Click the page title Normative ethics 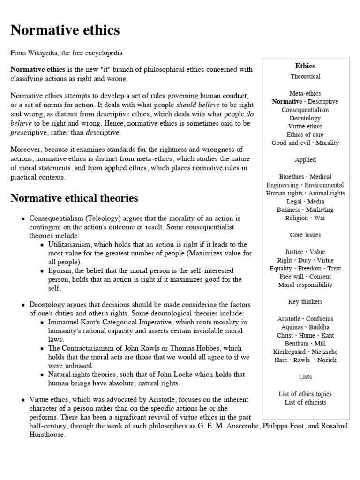click(x=65, y=31)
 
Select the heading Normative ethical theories click(x=74, y=198)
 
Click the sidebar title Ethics click(x=305, y=66)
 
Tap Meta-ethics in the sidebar click(x=305, y=93)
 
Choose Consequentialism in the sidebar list click(x=305, y=110)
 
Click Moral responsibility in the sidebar click(x=305, y=285)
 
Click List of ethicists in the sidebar click(x=305, y=402)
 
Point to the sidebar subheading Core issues click(x=305, y=235)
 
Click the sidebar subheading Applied click(x=305, y=160)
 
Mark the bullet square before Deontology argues click(x=22, y=305)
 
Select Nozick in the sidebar click(x=327, y=360)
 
